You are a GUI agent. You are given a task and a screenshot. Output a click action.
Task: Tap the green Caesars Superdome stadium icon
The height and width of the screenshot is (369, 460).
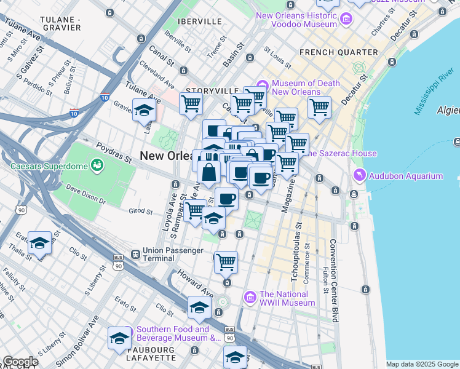(96, 165)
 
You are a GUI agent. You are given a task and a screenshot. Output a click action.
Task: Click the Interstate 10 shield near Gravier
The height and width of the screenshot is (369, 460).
(74, 113)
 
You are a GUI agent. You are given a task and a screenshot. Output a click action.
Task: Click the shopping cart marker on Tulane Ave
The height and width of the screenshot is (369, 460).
(191, 105)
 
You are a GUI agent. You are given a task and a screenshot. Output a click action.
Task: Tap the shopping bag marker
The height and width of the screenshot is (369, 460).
(209, 172)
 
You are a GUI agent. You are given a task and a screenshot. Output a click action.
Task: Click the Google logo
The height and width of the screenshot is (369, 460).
(20, 362)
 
